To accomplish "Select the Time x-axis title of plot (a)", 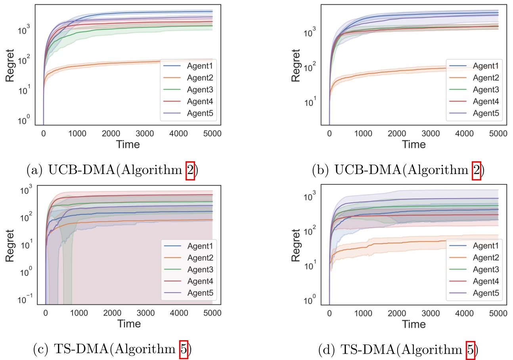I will pyautogui.click(x=128, y=144).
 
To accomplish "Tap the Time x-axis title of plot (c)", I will pyautogui.click(x=129, y=324).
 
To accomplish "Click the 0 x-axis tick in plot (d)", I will pyautogui.click(x=329, y=313).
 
